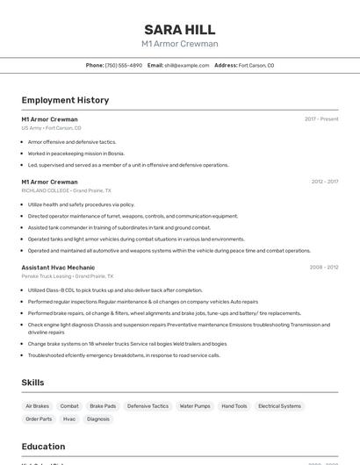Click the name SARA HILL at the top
179,29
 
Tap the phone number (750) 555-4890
124,65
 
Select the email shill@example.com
180,65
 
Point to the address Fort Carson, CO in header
256,65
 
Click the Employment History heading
65,100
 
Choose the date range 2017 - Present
321,118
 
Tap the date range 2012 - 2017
324,182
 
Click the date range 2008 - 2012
324,267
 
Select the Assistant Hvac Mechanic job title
58,267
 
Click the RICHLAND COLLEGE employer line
66,190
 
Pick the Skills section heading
33,383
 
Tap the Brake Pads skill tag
103,406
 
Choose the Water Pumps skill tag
195,406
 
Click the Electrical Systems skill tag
279,406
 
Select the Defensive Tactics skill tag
148,406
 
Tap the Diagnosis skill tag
98,419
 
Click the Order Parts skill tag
39,419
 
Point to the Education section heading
43,447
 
